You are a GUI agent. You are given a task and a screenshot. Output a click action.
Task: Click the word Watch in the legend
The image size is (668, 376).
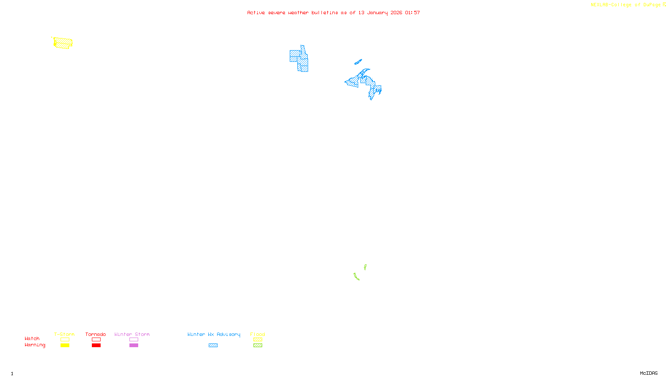(x=32, y=338)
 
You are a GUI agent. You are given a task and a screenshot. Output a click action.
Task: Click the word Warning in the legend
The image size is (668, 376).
(x=35, y=345)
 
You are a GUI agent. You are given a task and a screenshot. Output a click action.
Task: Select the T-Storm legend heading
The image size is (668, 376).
(x=64, y=334)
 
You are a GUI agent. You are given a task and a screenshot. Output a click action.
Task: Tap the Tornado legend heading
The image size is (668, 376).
(x=96, y=334)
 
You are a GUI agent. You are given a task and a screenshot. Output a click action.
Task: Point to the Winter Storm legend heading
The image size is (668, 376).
(x=132, y=334)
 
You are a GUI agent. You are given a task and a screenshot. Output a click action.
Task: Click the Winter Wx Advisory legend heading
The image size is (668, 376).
(x=214, y=334)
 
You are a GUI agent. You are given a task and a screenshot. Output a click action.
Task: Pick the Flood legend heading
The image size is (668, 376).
(x=258, y=334)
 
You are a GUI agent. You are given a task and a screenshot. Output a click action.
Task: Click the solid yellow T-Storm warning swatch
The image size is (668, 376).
(x=65, y=346)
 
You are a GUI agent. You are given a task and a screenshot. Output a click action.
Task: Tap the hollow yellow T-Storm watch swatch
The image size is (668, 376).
(x=65, y=340)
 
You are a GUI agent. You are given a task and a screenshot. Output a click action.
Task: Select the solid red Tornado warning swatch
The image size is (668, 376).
(x=96, y=346)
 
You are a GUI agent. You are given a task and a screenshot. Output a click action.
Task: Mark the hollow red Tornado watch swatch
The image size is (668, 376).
(x=96, y=340)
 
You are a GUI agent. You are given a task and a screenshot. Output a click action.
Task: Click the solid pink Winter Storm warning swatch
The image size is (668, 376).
(x=134, y=346)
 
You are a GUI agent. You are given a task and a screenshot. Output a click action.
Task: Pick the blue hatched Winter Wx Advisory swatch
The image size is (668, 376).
(x=213, y=346)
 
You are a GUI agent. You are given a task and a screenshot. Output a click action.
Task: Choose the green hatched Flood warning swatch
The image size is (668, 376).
(x=258, y=346)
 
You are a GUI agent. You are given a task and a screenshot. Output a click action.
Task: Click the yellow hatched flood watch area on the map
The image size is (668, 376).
(x=63, y=43)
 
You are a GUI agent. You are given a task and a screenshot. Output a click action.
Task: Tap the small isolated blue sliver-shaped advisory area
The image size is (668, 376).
(x=358, y=62)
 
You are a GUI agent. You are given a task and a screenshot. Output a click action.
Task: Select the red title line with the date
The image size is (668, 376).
(x=334, y=13)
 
